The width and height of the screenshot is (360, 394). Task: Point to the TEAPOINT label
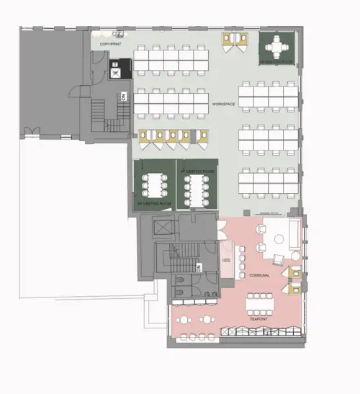(x=259, y=318)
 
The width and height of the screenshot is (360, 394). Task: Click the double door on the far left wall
(x=30, y=132)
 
